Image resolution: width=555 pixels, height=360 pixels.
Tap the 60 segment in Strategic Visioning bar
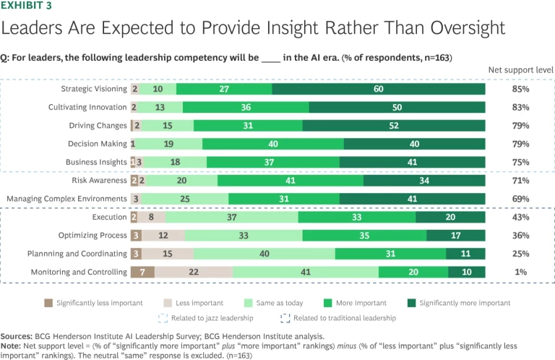pos(378,88)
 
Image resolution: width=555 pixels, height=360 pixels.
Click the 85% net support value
pos(520,88)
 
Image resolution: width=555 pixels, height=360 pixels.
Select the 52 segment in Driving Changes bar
pos(393,125)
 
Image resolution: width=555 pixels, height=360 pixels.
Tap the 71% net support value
pos(520,180)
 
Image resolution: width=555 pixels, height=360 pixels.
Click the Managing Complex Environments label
pos(66,198)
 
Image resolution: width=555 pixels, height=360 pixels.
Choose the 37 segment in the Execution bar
pos(231,217)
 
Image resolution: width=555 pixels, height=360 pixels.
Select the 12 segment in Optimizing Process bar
pos(163,235)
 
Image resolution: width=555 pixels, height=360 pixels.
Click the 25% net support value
pos(520,254)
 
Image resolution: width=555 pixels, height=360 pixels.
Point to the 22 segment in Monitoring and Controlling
pos(194,272)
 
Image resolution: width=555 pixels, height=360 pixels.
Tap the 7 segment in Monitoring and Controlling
pos(142,272)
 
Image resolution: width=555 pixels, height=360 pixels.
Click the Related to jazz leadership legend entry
pos(207,317)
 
